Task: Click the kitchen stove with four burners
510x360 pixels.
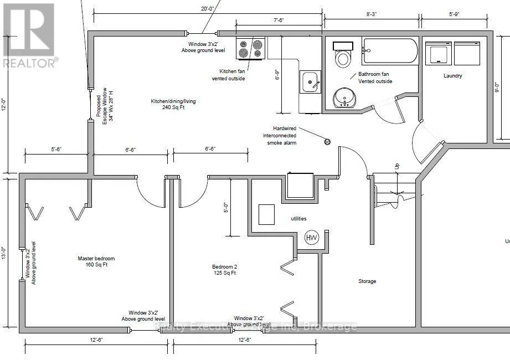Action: tap(250, 48)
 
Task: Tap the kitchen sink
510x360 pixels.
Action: tap(310, 83)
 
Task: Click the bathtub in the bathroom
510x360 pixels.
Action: tap(390, 51)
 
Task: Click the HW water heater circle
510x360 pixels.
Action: tap(312, 238)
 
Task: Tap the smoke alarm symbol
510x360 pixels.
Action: tap(327, 142)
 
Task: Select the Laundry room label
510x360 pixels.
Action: tap(452, 76)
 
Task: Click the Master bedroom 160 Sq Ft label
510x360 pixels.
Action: tap(96, 262)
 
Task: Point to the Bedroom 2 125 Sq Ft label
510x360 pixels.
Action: tap(224, 269)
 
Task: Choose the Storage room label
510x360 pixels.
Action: tap(367, 281)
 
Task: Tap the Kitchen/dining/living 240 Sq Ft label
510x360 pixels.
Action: tap(173, 105)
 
